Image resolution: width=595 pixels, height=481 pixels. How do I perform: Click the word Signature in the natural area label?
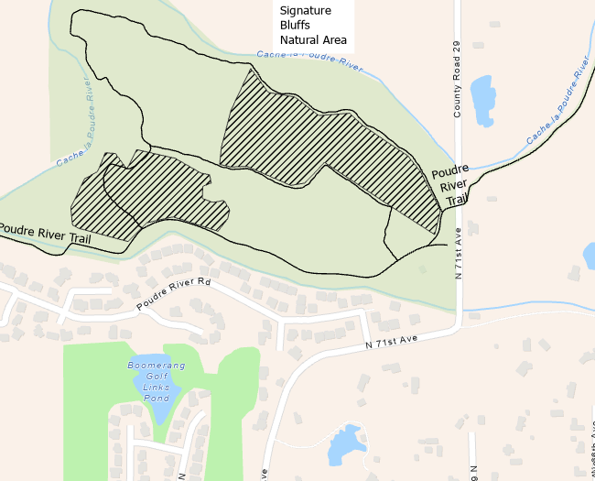(x=305, y=10)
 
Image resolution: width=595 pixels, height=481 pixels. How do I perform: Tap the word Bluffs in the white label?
(x=296, y=25)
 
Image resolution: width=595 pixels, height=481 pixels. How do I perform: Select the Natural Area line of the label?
(x=312, y=39)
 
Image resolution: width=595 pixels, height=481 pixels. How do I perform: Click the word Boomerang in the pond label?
(x=156, y=366)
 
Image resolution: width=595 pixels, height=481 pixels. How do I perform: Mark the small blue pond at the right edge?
(x=590, y=256)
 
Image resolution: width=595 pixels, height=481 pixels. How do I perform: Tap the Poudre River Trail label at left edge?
(x=46, y=234)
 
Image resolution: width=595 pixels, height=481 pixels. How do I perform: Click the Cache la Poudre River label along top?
(x=309, y=60)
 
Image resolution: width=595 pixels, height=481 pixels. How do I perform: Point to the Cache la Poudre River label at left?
(x=75, y=127)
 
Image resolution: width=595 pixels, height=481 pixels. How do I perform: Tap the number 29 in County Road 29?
(x=455, y=46)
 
